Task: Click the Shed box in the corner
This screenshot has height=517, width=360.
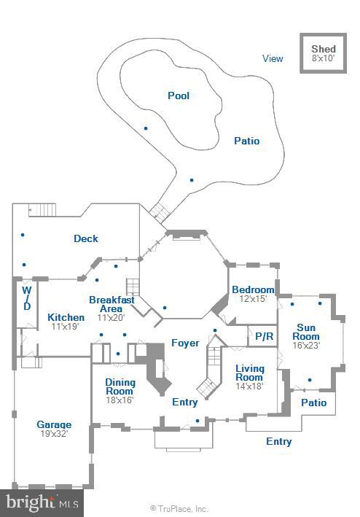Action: coord(323,53)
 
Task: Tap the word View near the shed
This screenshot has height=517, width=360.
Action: coord(273,59)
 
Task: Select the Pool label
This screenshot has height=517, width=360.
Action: coord(179,96)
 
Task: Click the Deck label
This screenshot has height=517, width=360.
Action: coord(86,238)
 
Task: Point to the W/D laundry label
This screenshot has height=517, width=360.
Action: coord(26,298)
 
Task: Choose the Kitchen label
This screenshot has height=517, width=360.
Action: coord(66,317)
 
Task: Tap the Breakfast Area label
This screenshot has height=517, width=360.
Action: coord(111,304)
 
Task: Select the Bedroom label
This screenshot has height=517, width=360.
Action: coord(253,289)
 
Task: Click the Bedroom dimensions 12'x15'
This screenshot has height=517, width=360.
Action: coord(253,299)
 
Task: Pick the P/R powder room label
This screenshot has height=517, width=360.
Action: coord(263,336)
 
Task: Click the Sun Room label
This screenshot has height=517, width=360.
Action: coord(306,332)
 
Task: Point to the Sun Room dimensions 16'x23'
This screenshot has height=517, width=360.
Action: coord(306,346)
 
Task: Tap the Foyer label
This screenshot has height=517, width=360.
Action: coord(185,343)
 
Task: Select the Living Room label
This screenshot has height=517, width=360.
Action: coord(249,373)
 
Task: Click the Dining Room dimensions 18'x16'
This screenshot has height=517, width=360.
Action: coord(120,400)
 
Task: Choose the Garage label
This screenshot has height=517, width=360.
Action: coord(55,424)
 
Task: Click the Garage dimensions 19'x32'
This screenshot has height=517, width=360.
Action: coord(55,433)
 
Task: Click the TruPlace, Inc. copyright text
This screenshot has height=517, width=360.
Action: coord(179,509)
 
